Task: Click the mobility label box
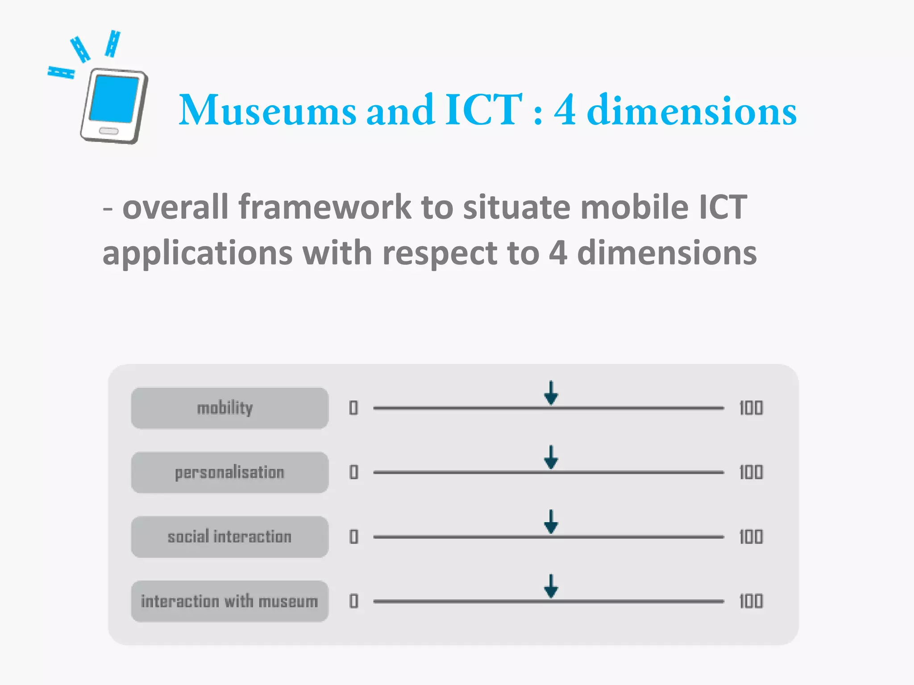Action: coord(229,408)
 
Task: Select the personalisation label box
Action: coord(229,472)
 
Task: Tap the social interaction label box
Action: coord(229,536)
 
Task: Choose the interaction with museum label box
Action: coord(229,601)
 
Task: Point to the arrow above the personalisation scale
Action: coord(551,458)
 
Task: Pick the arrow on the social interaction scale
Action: coord(551,522)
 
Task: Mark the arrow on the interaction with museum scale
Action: coord(551,586)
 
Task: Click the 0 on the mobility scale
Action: coord(353,408)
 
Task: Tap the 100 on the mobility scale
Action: coord(751,408)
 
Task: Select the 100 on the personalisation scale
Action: coord(751,472)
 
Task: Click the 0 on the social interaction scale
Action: coord(353,536)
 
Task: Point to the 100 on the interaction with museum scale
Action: coord(751,601)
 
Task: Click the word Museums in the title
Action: coord(267,110)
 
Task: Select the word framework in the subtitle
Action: coord(324,207)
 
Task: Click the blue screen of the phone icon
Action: coord(114,99)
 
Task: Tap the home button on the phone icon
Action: coord(108,131)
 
